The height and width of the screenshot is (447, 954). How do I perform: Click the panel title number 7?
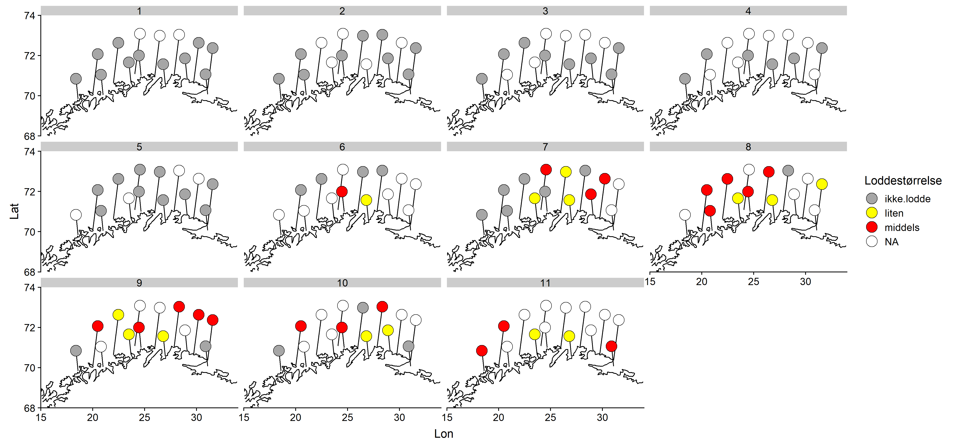coord(545,147)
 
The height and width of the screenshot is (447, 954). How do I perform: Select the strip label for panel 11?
coord(545,283)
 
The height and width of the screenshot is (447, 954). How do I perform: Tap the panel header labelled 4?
coord(748,11)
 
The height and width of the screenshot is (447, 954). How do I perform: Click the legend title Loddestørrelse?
coord(903,181)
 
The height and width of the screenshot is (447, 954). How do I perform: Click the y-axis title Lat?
coord(14,211)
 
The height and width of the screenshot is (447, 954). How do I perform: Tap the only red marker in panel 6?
coord(342,191)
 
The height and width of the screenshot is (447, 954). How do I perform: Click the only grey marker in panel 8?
coord(788,171)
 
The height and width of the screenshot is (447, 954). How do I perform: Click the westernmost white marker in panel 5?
coord(76,215)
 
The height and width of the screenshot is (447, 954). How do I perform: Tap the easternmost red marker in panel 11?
coord(611,346)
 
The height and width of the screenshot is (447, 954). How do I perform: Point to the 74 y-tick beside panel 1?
coord(30,16)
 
